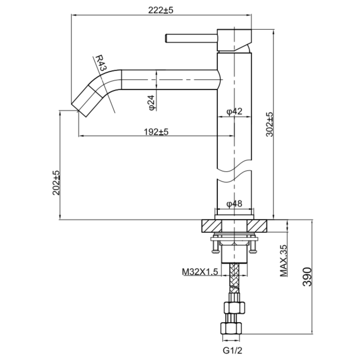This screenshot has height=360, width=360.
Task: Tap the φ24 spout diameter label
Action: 151,103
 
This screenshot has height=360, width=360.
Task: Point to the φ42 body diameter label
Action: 234,111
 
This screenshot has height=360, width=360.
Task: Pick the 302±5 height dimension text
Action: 269,125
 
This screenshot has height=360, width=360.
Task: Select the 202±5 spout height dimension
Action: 56,182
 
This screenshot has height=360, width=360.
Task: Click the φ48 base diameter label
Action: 234,204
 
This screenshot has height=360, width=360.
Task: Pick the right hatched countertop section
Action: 259,226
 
